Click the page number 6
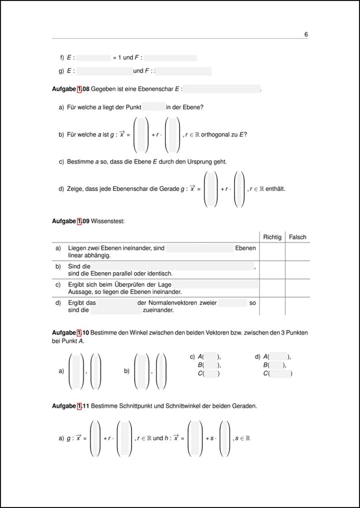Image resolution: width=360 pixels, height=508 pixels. point(305,34)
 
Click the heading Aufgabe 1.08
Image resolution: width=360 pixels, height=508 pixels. point(70,89)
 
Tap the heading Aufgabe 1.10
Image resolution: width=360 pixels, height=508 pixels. point(70,333)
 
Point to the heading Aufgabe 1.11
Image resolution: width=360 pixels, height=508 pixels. point(70,406)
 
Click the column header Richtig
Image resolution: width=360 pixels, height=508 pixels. point(272,237)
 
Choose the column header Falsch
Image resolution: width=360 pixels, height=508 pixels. point(297,237)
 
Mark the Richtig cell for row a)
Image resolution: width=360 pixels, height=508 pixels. point(272,251)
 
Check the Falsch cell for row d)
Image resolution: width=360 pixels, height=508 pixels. point(297,306)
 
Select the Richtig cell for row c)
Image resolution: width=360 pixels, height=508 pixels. point(272,288)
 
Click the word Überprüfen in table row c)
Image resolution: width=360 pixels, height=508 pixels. point(129,284)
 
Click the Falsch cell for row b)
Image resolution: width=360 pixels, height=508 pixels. point(297,270)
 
